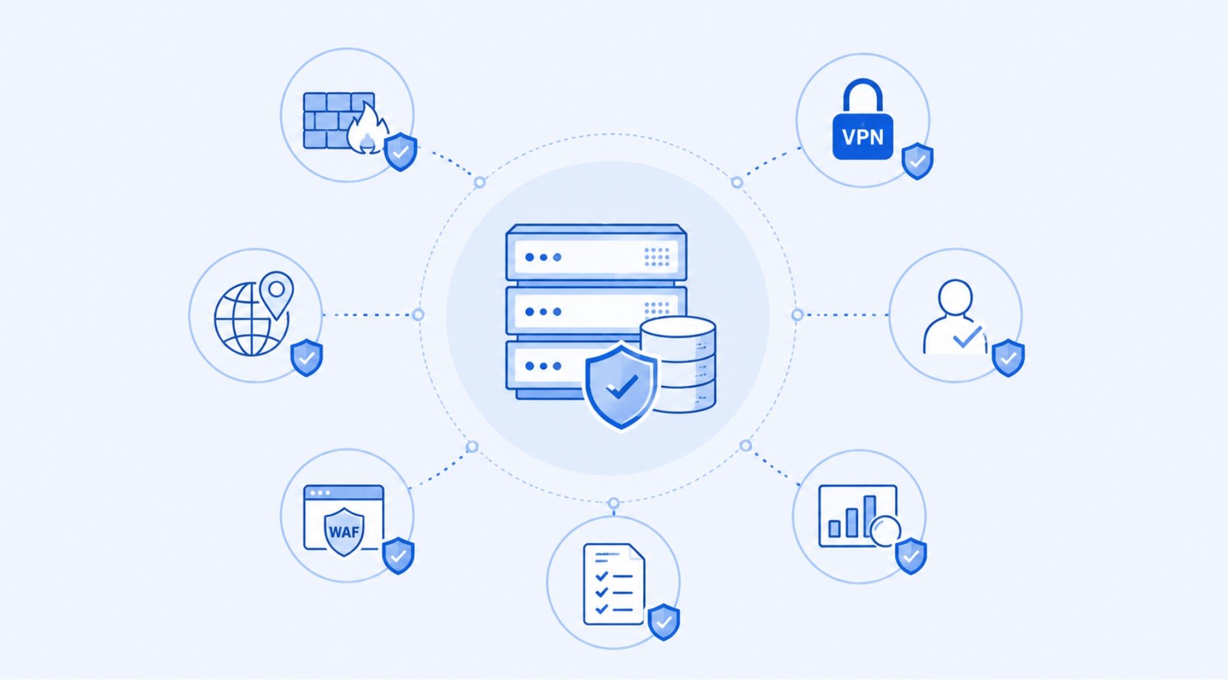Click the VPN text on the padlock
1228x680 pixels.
pyautogui.click(x=863, y=137)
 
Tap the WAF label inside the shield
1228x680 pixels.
pyautogui.click(x=344, y=532)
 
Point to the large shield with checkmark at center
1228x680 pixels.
pyautogui.click(x=621, y=386)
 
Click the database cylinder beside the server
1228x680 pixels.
pyautogui.click(x=679, y=364)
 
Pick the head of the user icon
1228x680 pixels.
pyautogui.click(x=955, y=297)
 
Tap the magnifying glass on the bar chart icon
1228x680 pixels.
pyautogui.click(x=885, y=531)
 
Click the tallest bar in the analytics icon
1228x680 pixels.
pyautogui.click(x=870, y=516)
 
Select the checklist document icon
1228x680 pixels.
pyautogui.click(x=614, y=584)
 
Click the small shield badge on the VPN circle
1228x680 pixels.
pyautogui.click(x=918, y=161)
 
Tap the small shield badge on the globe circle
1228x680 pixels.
pyautogui.click(x=307, y=357)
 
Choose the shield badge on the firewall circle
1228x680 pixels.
pyautogui.click(x=401, y=152)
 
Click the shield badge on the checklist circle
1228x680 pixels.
pyautogui.click(x=664, y=622)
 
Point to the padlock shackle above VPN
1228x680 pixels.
pyautogui.click(x=863, y=95)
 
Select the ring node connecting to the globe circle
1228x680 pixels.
pyautogui.click(x=418, y=315)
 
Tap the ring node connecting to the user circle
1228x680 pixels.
pyautogui.click(x=797, y=315)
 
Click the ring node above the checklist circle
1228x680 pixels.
pyautogui.click(x=613, y=503)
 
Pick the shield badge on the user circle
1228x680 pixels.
pyautogui.click(x=1008, y=357)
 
